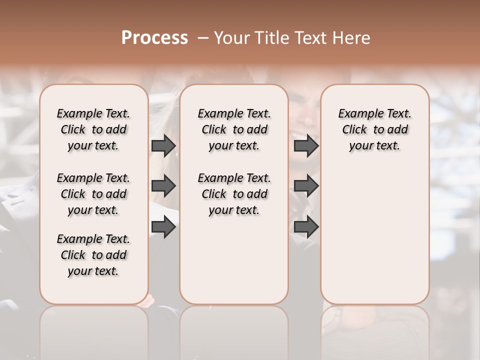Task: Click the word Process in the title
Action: pos(154,38)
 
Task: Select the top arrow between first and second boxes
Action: pos(163,145)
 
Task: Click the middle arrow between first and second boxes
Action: pos(163,186)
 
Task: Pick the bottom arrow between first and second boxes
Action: pos(163,227)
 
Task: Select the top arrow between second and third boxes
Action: pos(306,145)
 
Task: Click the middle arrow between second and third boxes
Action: pos(306,186)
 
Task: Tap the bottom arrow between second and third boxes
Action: pos(306,227)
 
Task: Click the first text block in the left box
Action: pos(93,129)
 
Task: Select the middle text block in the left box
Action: pos(93,194)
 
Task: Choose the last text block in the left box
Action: pos(93,255)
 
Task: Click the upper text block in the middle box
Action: pos(234,129)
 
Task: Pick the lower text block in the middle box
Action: pos(234,194)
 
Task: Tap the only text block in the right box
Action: pos(374,129)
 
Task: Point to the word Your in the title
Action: pos(231,38)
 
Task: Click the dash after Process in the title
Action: pos(203,38)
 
